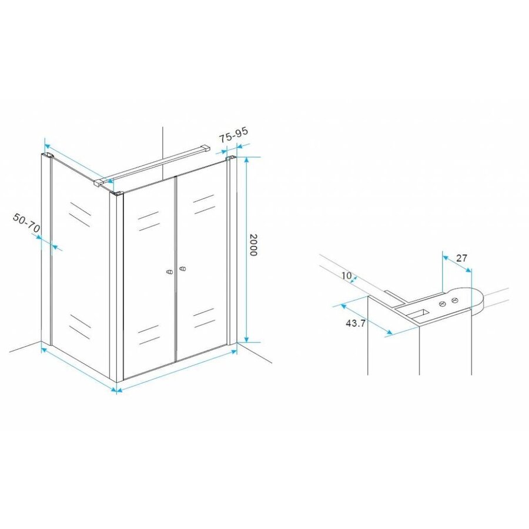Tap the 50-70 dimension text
[27, 223]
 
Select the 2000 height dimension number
[253, 244]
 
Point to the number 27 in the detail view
[461, 258]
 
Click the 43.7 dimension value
[353, 324]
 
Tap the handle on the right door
[183, 270]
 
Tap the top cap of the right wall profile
[230, 159]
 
